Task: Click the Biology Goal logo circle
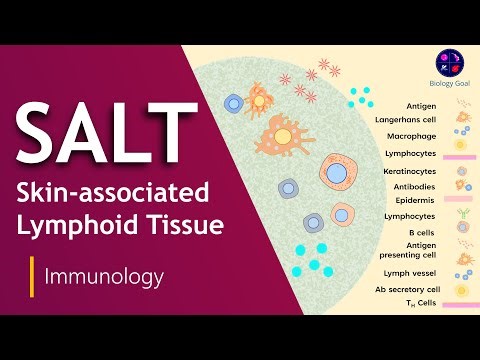[x=450, y=61]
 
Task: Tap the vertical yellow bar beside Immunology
[x=33, y=272]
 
